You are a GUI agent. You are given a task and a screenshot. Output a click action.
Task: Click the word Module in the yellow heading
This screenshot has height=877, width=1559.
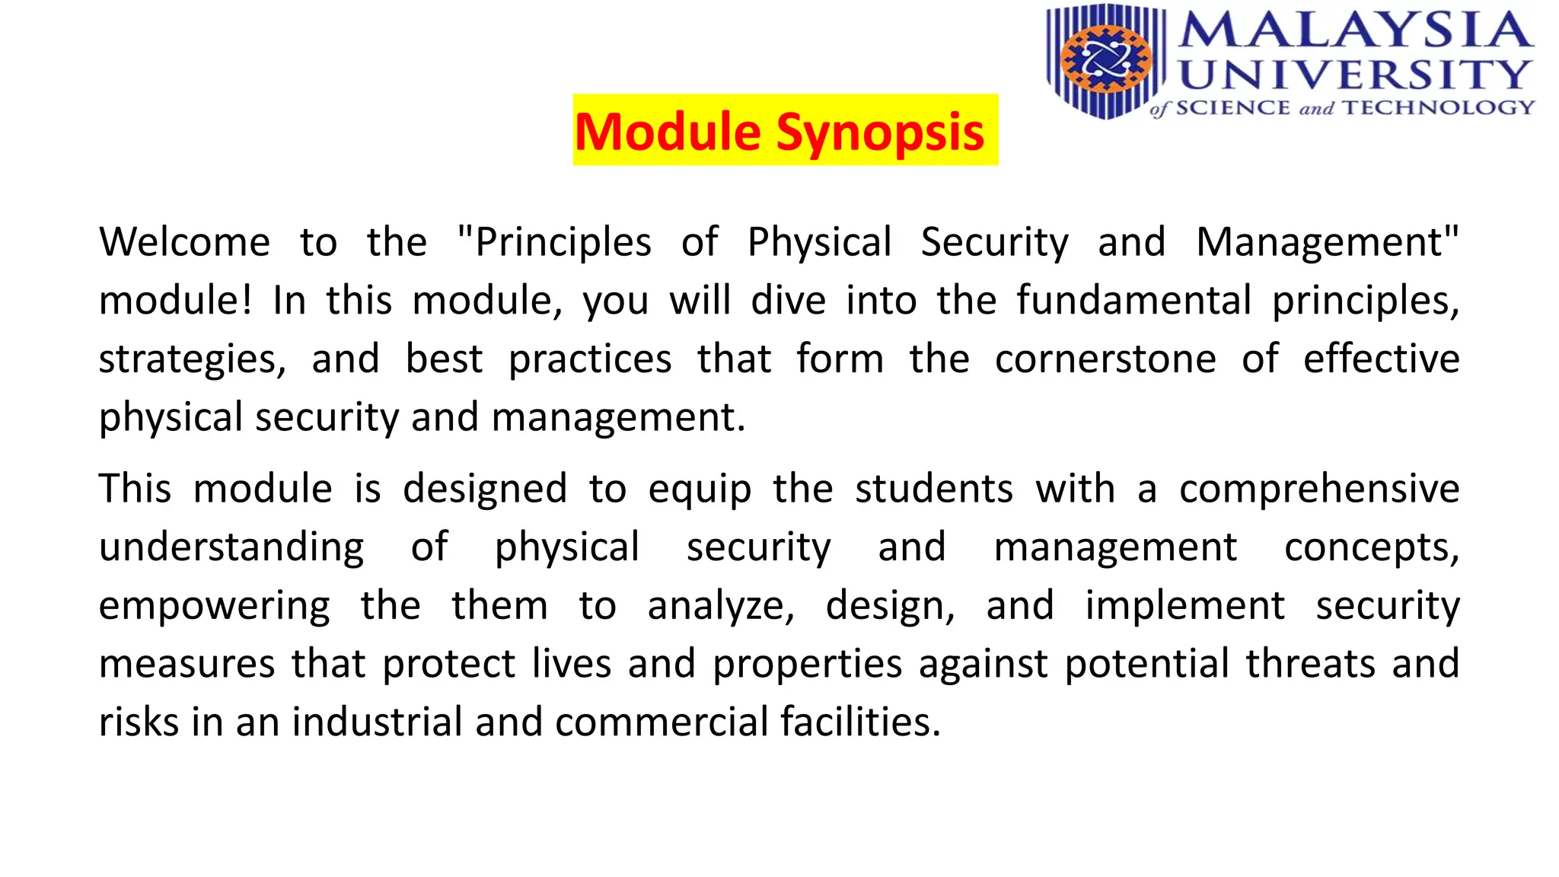(x=667, y=131)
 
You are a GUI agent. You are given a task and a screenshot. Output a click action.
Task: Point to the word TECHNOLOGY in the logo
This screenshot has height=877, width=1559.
(x=1438, y=107)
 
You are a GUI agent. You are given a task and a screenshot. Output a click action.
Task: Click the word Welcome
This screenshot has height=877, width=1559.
(x=184, y=242)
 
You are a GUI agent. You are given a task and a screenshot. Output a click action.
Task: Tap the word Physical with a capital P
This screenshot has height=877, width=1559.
(x=819, y=242)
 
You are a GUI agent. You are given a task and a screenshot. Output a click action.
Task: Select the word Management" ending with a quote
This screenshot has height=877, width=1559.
(x=1327, y=242)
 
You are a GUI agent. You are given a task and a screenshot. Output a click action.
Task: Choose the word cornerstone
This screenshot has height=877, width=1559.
(x=1105, y=359)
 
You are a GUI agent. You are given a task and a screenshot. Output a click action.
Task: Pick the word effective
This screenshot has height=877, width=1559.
(x=1381, y=359)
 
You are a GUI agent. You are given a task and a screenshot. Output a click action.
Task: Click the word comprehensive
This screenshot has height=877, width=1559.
(x=1318, y=489)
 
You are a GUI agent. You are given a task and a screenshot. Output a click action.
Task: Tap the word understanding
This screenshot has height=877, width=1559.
(x=231, y=547)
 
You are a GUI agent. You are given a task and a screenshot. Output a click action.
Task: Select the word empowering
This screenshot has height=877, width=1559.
(x=214, y=606)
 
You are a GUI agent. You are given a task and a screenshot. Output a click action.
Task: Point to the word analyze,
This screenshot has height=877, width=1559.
(x=721, y=606)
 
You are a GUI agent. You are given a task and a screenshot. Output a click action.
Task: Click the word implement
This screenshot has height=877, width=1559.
(x=1184, y=606)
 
